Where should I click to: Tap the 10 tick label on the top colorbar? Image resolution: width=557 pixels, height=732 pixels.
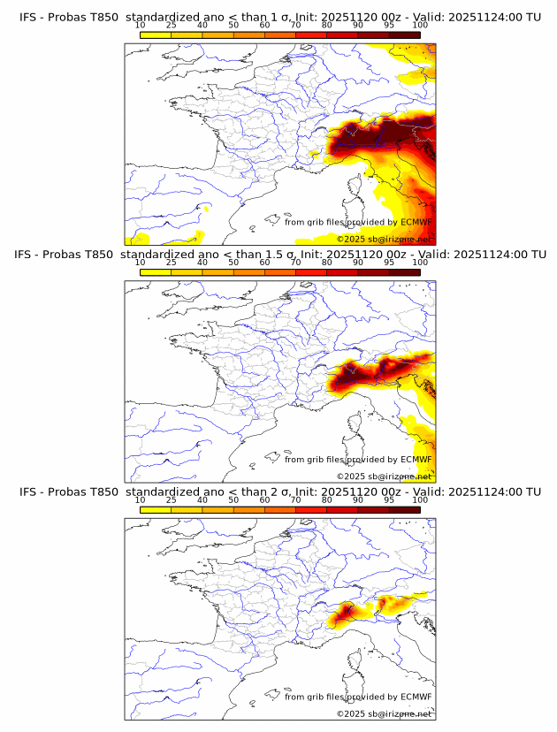click(x=140, y=25)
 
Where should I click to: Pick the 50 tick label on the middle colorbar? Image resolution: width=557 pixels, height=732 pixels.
click(x=233, y=263)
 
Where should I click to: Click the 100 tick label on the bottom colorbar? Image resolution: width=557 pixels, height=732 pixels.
click(x=420, y=499)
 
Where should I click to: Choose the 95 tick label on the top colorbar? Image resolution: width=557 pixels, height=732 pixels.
click(x=389, y=25)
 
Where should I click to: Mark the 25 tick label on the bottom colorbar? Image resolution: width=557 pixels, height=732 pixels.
click(x=171, y=499)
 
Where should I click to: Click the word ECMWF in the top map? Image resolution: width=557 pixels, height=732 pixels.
click(x=416, y=223)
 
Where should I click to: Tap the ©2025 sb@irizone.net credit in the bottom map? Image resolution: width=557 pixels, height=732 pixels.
click(x=384, y=713)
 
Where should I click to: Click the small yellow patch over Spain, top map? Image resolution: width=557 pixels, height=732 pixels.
click(x=205, y=209)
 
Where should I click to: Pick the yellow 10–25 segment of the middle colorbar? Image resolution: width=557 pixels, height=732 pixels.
click(x=156, y=272)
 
